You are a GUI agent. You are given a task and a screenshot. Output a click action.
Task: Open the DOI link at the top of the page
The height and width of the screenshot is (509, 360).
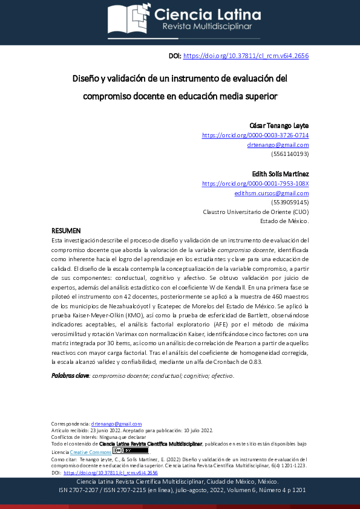point(246,56)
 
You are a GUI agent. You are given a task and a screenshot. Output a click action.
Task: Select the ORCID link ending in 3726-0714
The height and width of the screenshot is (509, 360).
point(255,135)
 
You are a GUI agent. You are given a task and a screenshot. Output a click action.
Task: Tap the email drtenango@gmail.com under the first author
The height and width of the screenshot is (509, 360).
point(278,144)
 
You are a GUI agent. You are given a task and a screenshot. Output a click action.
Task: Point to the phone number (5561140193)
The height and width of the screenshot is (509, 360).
point(290,154)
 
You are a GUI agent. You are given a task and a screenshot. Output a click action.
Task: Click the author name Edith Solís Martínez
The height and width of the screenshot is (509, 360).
point(280,173)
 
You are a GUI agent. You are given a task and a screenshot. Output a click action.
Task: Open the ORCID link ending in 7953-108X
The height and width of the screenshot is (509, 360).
point(255,183)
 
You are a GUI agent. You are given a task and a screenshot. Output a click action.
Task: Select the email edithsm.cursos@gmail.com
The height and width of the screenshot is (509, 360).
point(272,193)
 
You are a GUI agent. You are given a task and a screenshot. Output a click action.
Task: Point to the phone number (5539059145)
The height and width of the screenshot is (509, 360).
point(290,203)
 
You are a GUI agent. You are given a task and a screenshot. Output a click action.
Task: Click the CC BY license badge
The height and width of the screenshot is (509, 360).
point(131,451)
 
